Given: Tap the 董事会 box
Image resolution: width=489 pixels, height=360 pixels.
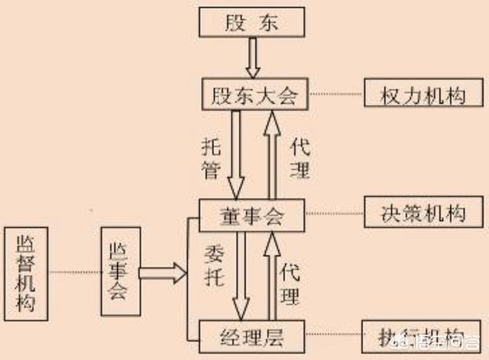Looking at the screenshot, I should pyautogui.click(x=252, y=216).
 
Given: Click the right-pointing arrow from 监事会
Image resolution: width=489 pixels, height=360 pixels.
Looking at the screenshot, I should pyautogui.click(x=162, y=271).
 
